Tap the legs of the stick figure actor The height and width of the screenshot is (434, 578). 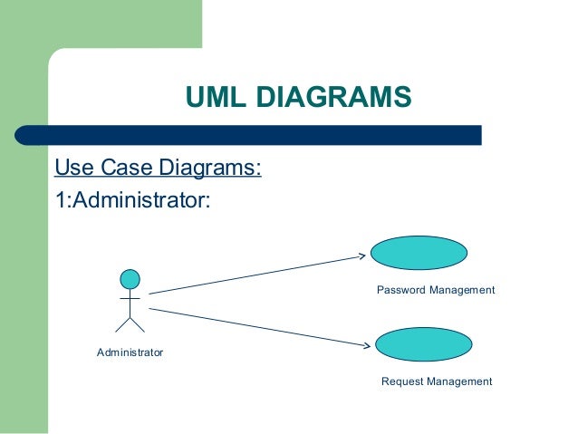pos(130,323)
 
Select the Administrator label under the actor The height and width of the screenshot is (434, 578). pos(130,352)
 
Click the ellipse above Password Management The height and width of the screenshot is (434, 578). pos(419,253)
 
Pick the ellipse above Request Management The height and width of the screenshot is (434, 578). pos(423,344)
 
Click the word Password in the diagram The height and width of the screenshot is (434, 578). pos(401,290)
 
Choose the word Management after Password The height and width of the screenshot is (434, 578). pos(462,290)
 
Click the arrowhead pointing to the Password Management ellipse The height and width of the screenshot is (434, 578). pos(360,256)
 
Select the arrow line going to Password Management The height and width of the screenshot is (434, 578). pos(254,275)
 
